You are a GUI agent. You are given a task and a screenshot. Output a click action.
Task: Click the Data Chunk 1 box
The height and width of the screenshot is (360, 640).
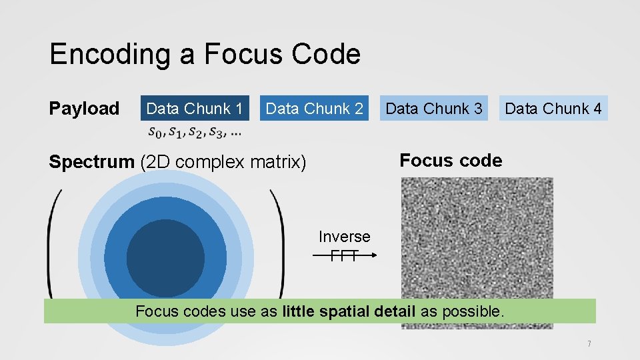click(194, 108)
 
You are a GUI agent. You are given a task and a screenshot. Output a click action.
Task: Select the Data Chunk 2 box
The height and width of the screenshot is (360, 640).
click(314, 108)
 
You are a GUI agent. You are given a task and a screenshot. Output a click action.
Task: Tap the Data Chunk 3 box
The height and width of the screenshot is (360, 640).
click(434, 108)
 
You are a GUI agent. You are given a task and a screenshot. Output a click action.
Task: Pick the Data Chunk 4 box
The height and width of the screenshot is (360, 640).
click(553, 108)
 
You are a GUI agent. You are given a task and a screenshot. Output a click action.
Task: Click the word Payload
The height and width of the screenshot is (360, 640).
click(84, 109)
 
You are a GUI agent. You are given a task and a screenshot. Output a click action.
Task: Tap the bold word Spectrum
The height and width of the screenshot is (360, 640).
click(92, 162)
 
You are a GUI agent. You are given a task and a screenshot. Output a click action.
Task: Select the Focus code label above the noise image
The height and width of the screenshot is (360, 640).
click(451, 160)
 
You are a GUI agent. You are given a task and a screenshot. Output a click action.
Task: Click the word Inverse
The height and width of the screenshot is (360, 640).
click(344, 237)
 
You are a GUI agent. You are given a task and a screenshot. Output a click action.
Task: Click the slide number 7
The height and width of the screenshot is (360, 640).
click(589, 344)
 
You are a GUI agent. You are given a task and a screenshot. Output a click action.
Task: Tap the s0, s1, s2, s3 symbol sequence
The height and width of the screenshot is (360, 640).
click(195, 131)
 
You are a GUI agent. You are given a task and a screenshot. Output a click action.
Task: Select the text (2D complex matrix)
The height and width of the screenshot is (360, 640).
click(223, 162)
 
